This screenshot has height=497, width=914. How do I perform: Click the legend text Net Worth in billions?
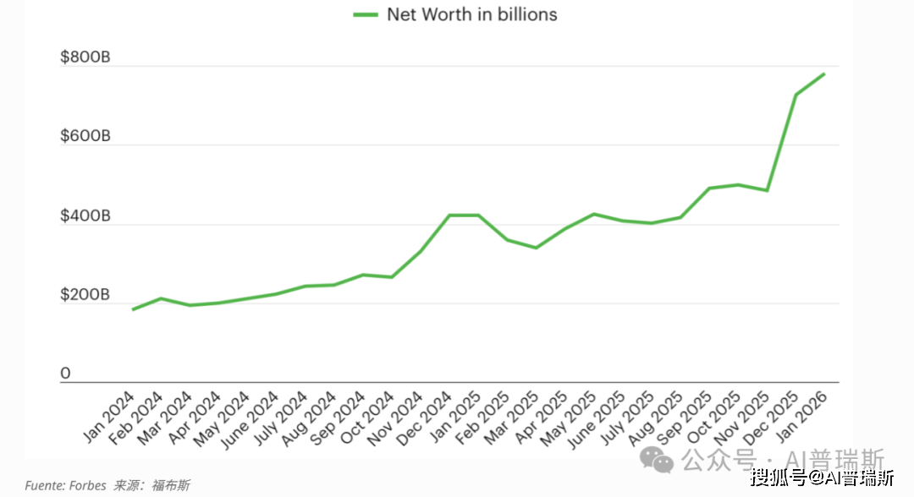(x=472, y=14)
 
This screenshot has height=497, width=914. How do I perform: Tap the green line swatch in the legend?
(x=365, y=14)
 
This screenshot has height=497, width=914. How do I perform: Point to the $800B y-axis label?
(x=85, y=58)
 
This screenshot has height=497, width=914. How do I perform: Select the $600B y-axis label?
(x=85, y=137)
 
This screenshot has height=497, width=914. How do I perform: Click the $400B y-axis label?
(x=85, y=216)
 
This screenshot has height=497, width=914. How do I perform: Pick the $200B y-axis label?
(x=85, y=295)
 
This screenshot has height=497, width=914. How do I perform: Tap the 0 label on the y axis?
(x=65, y=374)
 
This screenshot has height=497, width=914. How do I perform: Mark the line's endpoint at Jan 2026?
(x=824, y=74)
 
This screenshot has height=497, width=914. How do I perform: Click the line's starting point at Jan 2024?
(x=133, y=309)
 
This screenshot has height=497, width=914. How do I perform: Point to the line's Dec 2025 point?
(x=796, y=95)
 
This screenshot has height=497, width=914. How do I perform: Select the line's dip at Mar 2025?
(x=536, y=248)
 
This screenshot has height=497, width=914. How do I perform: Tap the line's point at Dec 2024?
(x=449, y=216)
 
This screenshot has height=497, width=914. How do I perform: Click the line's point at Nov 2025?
(x=767, y=190)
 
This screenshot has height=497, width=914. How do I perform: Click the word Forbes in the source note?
(x=88, y=485)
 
